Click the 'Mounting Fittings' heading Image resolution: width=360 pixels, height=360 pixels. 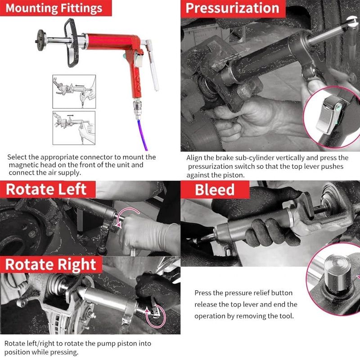(x=53, y=8)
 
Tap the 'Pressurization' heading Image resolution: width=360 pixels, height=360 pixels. (x=232, y=8)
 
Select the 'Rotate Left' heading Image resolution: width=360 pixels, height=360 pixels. (x=46, y=189)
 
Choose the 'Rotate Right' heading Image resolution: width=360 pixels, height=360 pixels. (x=50, y=264)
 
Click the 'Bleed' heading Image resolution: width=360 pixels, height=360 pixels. (x=215, y=189)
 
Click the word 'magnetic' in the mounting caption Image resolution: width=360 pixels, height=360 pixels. (x=22, y=165)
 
